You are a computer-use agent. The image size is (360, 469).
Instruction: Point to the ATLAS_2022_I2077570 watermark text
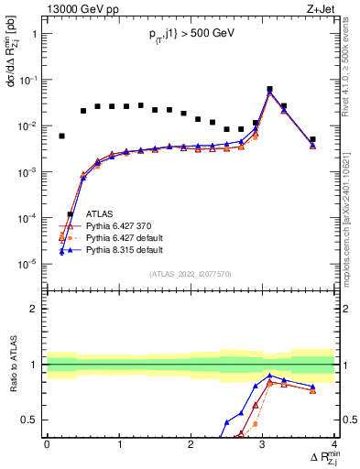(190, 274)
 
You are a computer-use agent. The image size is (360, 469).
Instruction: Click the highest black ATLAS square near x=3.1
(269, 90)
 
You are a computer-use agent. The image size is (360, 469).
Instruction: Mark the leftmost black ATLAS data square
(61, 136)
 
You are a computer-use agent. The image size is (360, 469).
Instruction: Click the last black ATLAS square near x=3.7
(312, 139)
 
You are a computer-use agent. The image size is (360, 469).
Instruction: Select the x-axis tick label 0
(48, 444)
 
